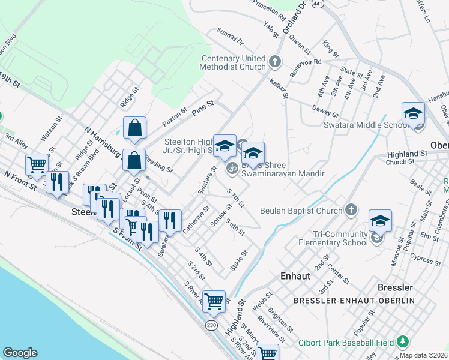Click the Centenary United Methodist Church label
(233, 62)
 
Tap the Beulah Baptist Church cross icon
(352, 210)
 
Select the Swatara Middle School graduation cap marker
(413, 114)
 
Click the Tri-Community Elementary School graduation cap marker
(380, 221)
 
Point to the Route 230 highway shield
(211, 325)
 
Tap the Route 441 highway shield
(318, 4)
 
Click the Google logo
(20, 353)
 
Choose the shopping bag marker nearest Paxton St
(134, 127)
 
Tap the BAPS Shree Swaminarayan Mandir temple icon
(231, 169)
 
